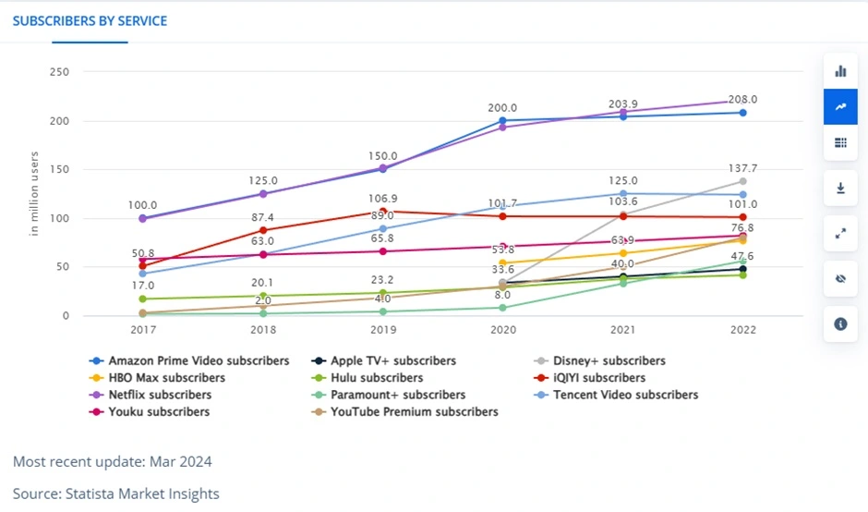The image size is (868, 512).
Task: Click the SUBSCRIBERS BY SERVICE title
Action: [x=90, y=20]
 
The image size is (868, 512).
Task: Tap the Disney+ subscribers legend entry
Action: [x=609, y=360]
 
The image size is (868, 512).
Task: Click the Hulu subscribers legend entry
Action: [x=376, y=377]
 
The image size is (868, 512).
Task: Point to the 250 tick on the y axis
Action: [x=59, y=72]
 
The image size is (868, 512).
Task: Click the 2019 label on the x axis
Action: [x=383, y=329]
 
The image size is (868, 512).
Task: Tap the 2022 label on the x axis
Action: [x=743, y=329]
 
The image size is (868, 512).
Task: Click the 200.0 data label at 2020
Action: [x=502, y=108]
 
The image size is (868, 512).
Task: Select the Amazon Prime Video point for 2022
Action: [x=743, y=113]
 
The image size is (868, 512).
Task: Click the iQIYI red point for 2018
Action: [x=263, y=230]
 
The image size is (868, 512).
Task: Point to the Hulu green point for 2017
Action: [x=142, y=299]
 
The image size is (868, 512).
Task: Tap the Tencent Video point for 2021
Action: [x=623, y=194]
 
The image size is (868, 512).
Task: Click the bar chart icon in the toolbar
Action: [x=840, y=71]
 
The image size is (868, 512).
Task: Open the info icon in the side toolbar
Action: [x=840, y=323]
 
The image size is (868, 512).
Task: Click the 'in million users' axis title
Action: [x=34, y=194]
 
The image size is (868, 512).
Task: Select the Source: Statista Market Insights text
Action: [x=116, y=494]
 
